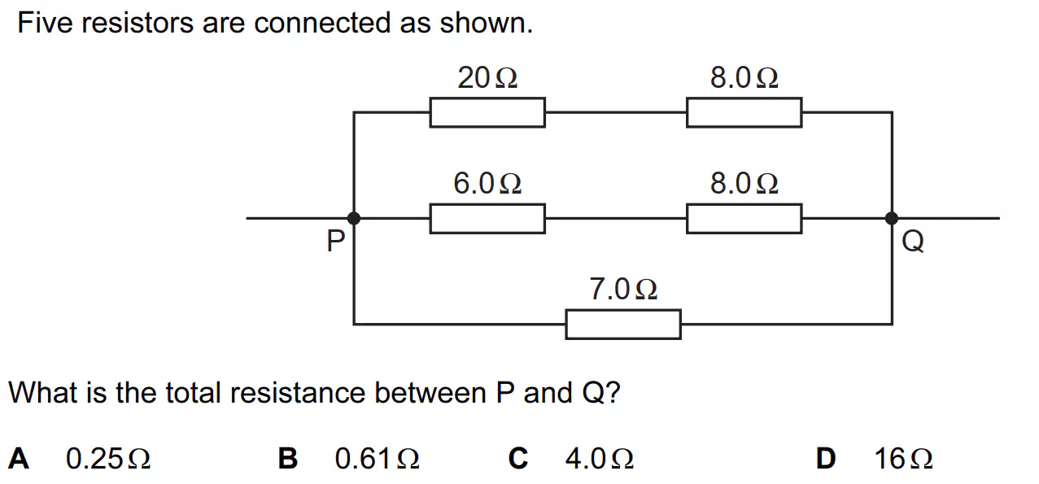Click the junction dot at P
[353, 218]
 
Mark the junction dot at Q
[892, 218]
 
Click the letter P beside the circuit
[336, 241]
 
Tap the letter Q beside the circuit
[912, 242]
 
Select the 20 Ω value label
[487, 77]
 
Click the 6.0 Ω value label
[487, 183]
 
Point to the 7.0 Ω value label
[623, 289]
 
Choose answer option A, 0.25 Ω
[79, 459]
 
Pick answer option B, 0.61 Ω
[349, 459]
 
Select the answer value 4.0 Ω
[600, 459]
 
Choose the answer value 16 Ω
[904, 459]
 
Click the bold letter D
[826, 459]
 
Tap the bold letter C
[518, 459]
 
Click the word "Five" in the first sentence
[45, 23]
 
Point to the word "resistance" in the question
[297, 393]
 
